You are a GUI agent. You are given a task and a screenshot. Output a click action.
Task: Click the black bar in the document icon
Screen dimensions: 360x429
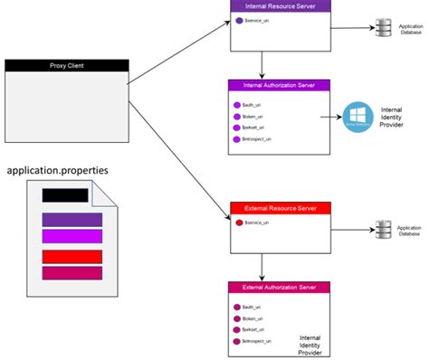click(x=65, y=194)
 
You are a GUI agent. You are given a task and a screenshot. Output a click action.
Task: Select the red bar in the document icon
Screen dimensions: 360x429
click(x=71, y=256)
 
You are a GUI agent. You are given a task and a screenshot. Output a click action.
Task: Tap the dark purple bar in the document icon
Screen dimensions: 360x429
click(x=71, y=219)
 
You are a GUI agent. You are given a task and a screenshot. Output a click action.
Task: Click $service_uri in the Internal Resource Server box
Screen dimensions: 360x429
click(x=257, y=20)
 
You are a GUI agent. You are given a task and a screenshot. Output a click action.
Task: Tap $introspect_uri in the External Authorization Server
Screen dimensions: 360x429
click(x=259, y=342)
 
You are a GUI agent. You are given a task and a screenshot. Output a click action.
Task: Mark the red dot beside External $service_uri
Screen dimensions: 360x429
click(x=238, y=222)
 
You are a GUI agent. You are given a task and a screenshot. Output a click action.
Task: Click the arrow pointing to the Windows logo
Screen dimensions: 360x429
click(x=330, y=116)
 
